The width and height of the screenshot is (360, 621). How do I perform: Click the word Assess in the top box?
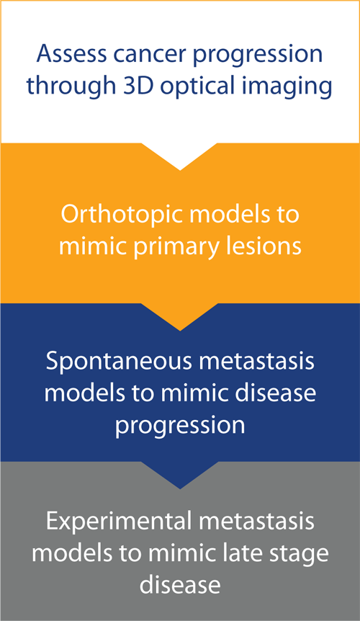click(x=71, y=53)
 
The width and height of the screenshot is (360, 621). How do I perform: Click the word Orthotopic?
click(x=122, y=215)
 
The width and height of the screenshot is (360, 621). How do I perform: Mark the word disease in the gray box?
click(x=180, y=584)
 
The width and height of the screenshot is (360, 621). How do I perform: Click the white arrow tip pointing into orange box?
click(x=180, y=170)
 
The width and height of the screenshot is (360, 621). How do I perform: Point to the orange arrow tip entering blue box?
click(x=180, y=330)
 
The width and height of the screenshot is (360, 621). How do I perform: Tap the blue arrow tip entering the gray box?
click(x=180, y=488)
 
